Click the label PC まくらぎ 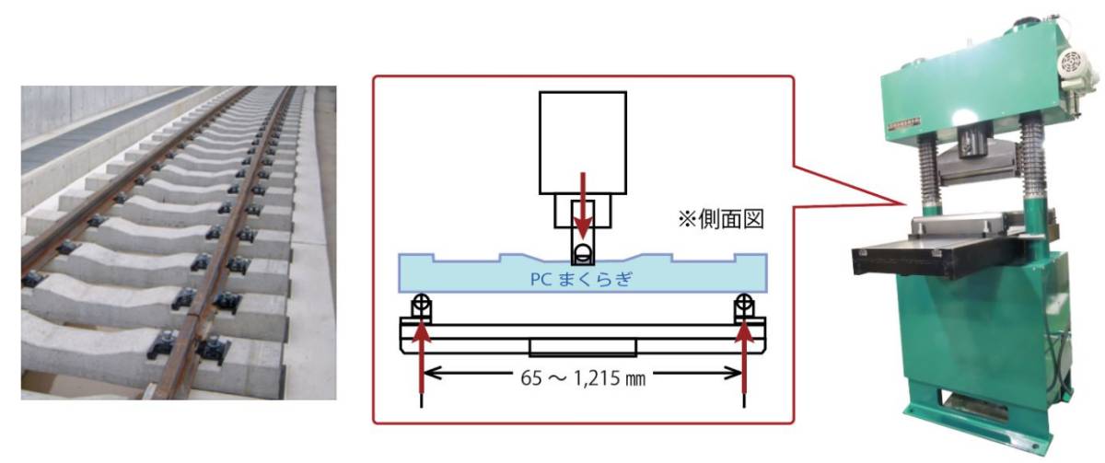click(x=581, y=280)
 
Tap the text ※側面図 click(x=721, y=219)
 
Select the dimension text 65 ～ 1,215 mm click(x=583, y=378)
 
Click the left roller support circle click(x=422, y=302)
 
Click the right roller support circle click(x=744, y=302)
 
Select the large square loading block click(x=583, y=143)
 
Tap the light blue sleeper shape click(x=583, y=273)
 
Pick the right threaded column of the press click(x=1033, y=157)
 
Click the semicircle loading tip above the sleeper click(x=583, y=250)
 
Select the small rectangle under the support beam click(x=583, y=347)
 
